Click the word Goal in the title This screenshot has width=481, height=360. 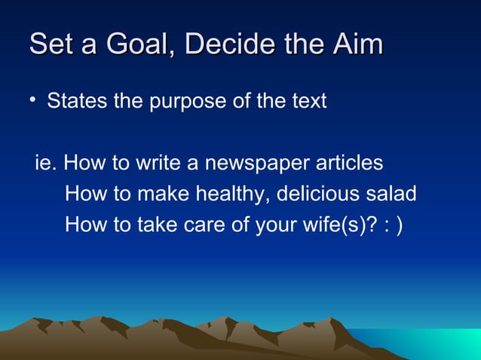click(x=132, y=44)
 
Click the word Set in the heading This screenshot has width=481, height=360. click(x=53, y=44)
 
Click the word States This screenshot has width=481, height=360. click(x=77, y=101)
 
